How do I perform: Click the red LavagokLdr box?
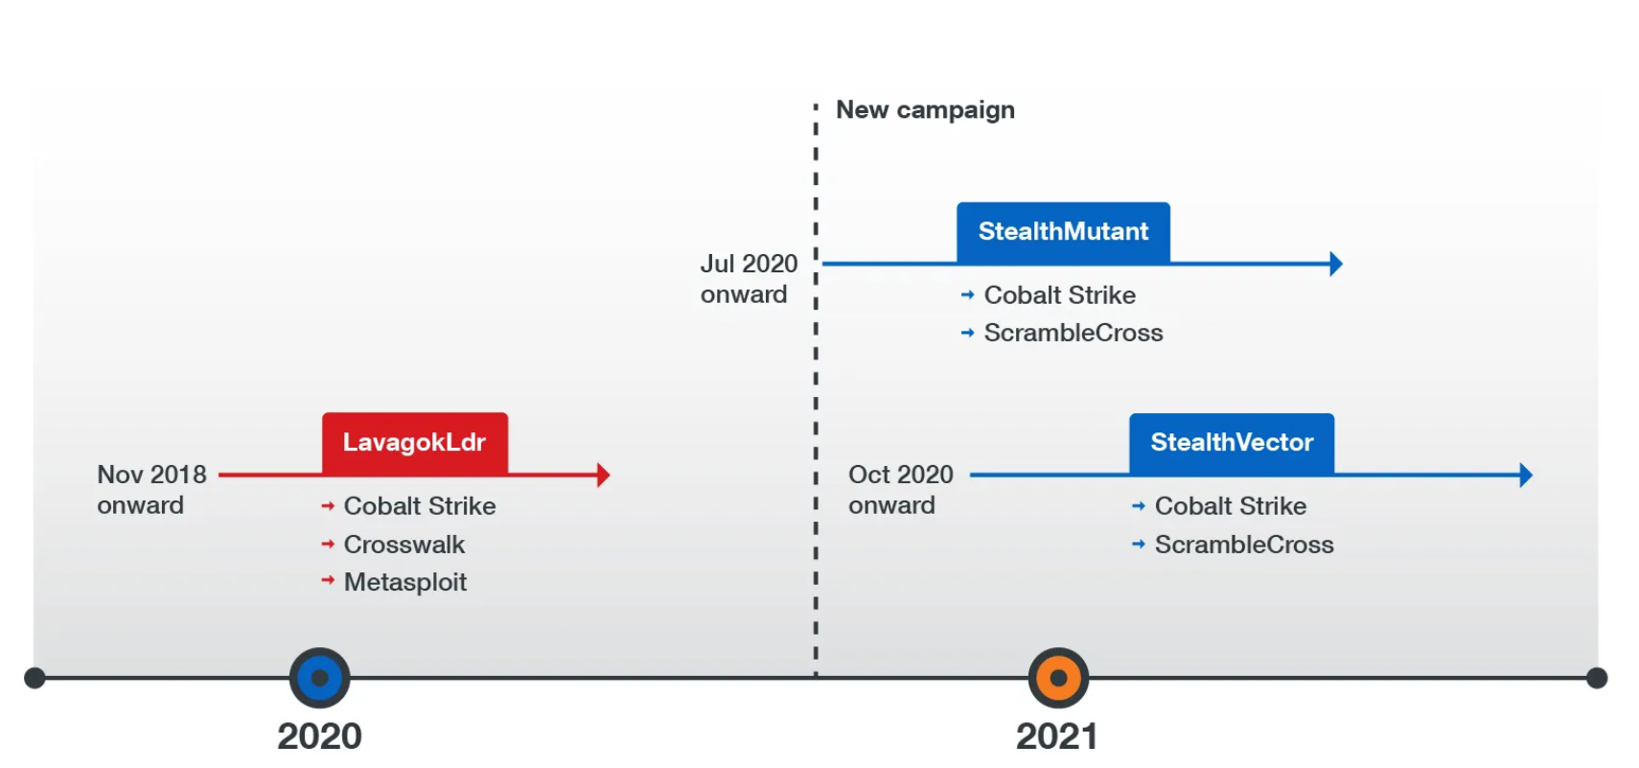[x=415, y=444]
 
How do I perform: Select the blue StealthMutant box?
[x=1063, y=233]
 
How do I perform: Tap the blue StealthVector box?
[x=1232, y=444]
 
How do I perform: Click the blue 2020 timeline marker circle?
[x=320, y=677]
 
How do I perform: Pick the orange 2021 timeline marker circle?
[x=1058, y=677]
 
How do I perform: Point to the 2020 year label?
[x=320, y=735]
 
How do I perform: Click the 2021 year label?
[x=1057, y=735]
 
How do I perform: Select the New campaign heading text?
[x=926, y=110]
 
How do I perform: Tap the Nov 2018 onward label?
[x=151, y=490]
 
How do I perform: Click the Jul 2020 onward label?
[x=749, y=279]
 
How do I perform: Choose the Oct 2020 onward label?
[x=901, y=490]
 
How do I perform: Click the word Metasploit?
[x=405, y=582]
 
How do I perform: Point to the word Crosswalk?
[x=404, y=544]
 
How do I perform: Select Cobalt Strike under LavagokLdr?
[x=420, y=506]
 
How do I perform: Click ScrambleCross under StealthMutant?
[x=1073, y=333]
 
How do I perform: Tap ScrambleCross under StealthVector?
[x=1244, y=544]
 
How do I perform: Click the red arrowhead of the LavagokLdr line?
[x=604, y=475]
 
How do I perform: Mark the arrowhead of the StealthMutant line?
[x=1336, y=264]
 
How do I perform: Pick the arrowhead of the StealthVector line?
[x=1526, y=475]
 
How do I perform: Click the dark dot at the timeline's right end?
[x=1597, y=678]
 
